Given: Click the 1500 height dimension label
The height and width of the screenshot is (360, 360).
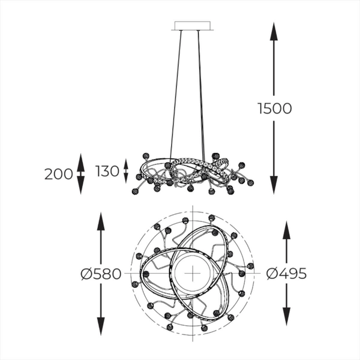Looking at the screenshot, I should coord(274,109).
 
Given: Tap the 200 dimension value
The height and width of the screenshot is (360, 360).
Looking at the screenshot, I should coord(58,175).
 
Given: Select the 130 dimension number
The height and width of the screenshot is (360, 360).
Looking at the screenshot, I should coord(107,172).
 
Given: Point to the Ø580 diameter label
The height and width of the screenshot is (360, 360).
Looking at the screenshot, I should coord(101,274).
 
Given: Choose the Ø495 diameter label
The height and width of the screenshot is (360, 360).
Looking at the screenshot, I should coord(286,274).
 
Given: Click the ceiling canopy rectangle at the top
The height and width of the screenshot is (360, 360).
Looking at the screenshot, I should coord(193,26).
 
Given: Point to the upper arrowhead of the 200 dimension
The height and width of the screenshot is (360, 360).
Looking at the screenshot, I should coord(80,159).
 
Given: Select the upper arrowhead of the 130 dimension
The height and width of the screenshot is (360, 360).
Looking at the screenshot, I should coord(125,162).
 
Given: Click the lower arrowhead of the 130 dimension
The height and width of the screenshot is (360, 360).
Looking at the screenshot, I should coord(125,179).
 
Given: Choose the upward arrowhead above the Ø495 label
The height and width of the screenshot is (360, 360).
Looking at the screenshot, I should coord(286,229).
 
